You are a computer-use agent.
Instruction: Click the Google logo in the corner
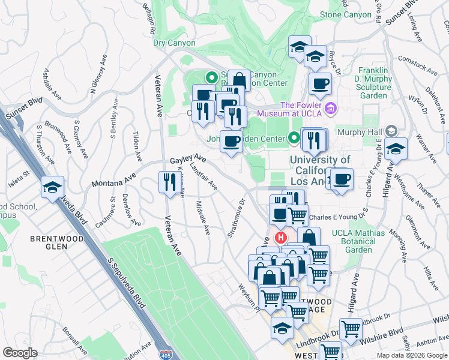point(20,353)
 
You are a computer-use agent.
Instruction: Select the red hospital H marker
point(279,238)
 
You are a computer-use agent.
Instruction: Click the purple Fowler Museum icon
point(331,108)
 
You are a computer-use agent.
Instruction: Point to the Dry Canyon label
point(174,43)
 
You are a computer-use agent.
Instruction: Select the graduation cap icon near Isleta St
point(53,188)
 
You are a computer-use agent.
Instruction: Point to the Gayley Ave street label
point(187,160)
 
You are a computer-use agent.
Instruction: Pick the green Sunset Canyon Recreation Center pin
point(211,77)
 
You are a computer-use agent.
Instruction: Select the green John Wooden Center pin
point(294,139)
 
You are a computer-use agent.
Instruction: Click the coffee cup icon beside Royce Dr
point(320,85)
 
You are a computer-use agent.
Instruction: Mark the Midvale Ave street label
point(202,217)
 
